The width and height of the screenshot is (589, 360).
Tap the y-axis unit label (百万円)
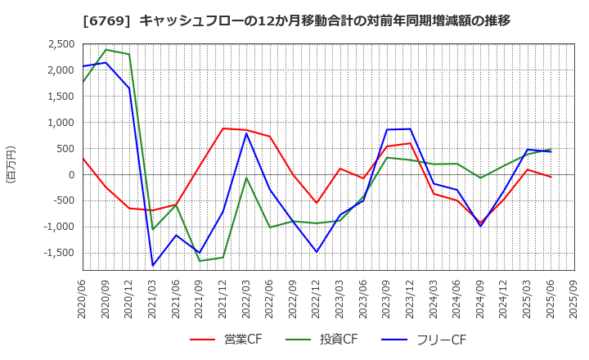pyautogui.click(x=11, y=164)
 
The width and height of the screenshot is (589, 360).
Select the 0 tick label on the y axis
pyautogui.click(x=71, y=174)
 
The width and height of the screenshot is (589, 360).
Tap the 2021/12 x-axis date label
pyautogui.click(x=222, y=299)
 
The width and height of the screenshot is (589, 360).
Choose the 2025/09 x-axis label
pyautogui.click(x=573, y=299)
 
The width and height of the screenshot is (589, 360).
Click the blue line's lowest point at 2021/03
pyautogui.click(x=153, y=265)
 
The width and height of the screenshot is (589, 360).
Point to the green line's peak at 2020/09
pyautogui.click(x=106, y=50)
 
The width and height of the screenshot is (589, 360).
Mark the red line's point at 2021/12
pyautogui.click(x=223, y=128)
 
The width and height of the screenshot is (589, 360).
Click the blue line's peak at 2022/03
pyautogui.click(x=246, y=133)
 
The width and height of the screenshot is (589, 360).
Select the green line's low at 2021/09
pyautogui.click(x=200, y=261)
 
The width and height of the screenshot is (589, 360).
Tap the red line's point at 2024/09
pyautogui.click(x=480, y=223)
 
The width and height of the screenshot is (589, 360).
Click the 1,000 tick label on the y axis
pyautogui.click(x=57, y=123)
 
